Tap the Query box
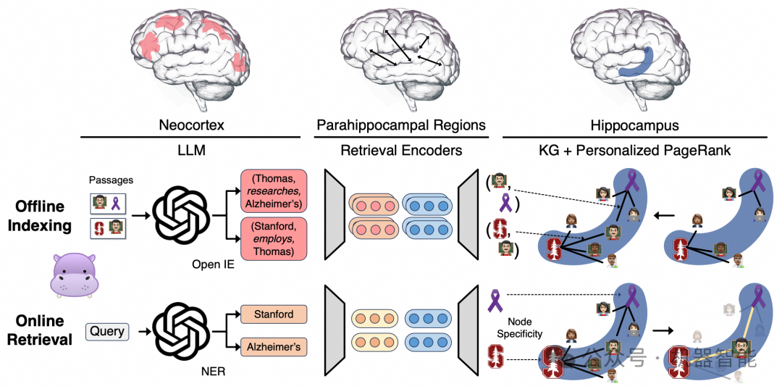coord(107,332)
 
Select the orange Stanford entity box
coord(273,314)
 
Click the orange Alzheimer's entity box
coord(273,347)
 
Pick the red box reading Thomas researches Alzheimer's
coord(273,191)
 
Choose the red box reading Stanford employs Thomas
coord(273,238)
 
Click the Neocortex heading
coord(191,125)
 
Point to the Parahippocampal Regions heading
coord(401,125)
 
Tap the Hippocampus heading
coord(634,125)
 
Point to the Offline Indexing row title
coord(39,215)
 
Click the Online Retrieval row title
coord(39,329)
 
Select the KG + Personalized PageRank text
coord(635,150)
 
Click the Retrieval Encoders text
coord(401,150)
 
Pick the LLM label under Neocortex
coord(190,150)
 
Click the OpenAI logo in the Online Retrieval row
coord(179,330)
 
